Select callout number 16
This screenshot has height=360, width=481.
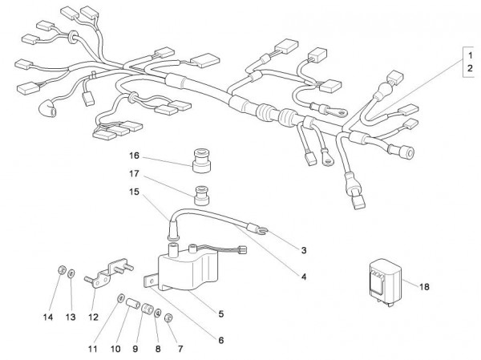coord(135,155)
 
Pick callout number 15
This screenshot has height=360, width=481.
coord(135,192)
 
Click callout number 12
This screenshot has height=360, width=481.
coord(94,317)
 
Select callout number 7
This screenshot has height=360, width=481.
coord(179,350)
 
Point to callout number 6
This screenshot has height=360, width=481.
coord(220,339)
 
